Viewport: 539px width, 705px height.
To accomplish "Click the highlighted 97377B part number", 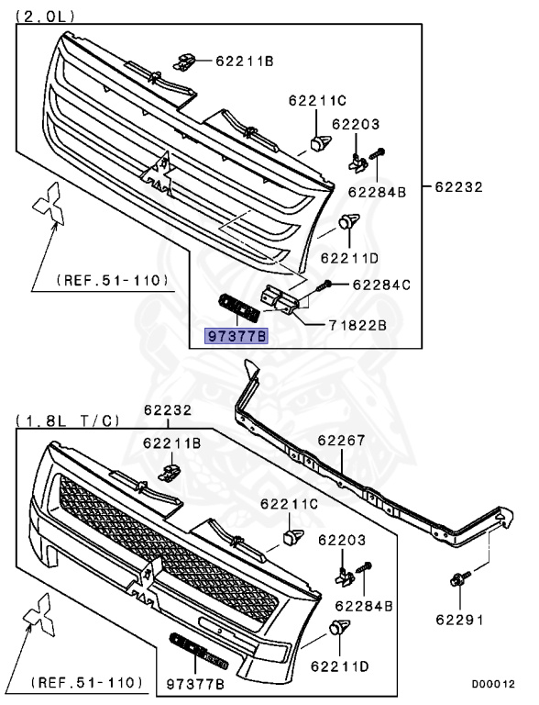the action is click(x=236, y=336).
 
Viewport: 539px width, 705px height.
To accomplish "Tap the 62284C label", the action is click(x=381, y=285).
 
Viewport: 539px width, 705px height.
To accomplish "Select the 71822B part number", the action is click(x=357, y=325).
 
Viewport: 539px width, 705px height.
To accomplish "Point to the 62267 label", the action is click(x=341, y=441).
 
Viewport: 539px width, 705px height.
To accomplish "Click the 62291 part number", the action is click(x=459, y=620).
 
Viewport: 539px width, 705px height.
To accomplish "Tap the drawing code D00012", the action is click(x=493, y=684).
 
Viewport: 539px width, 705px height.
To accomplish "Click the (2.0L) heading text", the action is click(x=45, y=17).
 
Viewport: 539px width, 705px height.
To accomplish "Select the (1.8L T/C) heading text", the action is click(x=68, y=420).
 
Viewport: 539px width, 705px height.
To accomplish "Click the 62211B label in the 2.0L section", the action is click(x=245, y=61).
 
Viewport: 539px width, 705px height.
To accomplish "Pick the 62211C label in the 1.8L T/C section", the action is click(x=290, y=504).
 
